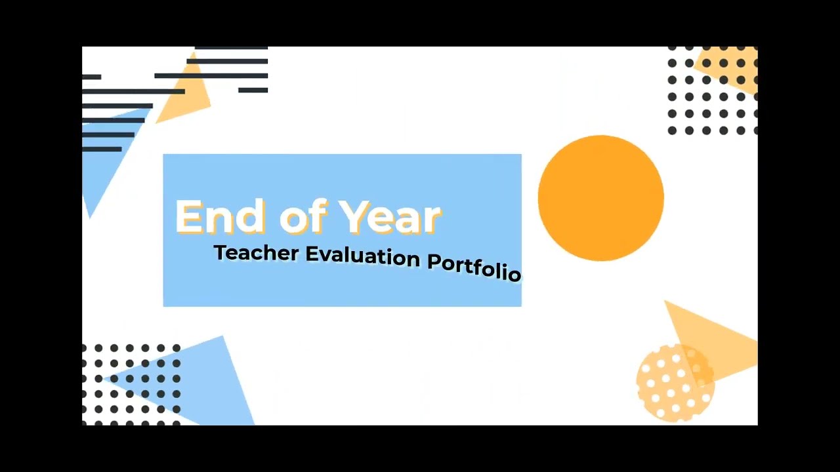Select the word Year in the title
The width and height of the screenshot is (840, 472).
point(390,217)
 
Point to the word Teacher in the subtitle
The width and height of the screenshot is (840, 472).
point(256,253)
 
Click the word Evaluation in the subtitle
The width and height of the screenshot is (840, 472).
point(362,256)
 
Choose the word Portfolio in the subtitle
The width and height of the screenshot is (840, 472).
point(474,265)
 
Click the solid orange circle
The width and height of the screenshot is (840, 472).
point(600,198)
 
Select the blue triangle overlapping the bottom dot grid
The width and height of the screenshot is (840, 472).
point(197,380)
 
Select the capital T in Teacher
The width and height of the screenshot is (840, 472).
point(220,252)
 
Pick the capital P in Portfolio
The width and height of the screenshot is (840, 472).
point(434,261)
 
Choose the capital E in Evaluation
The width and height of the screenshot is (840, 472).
point(312,253)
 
